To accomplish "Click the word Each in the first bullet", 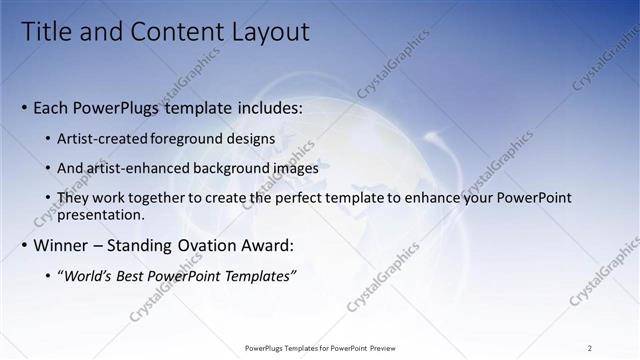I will point(51,108).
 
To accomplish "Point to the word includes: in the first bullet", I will point(259,108).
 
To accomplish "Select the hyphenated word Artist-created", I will point(104,139).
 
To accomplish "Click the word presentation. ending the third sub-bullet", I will point(101,214).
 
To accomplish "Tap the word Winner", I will point(61,245).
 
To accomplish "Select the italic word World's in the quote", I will point(94,275).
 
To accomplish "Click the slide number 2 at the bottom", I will point(589,348).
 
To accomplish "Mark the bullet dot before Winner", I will point(24,246).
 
